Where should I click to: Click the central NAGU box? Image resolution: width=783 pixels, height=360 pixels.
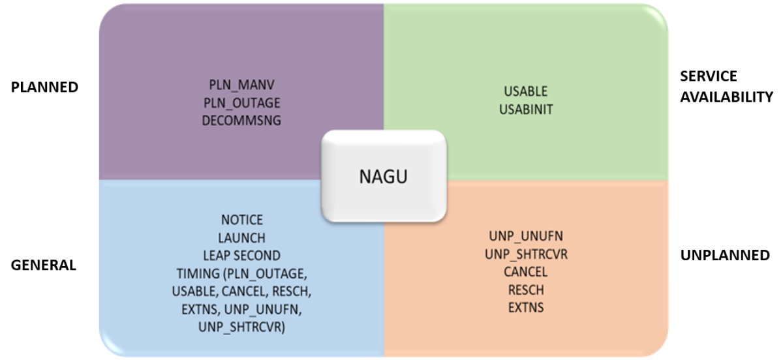coord(384,175)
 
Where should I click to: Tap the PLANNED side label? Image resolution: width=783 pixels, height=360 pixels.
coord(44,87)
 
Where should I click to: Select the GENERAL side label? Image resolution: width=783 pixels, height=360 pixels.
coord(43,265)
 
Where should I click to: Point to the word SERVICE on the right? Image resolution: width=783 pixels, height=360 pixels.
coord(708,76)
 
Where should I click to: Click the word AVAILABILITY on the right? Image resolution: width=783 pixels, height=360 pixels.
coord(726,97)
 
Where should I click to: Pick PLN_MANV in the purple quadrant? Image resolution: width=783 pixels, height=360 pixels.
coord(241,85)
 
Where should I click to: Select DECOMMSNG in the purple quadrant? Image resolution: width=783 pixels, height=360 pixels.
coord(241,121)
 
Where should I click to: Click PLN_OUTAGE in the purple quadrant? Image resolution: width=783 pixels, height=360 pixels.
coord(241,103)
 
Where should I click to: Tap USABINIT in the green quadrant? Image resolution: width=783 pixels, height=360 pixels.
coord(525,109)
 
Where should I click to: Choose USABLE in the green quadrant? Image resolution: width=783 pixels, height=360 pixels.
coord(525,91)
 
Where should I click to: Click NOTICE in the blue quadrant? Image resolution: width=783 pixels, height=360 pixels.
coord(241,220)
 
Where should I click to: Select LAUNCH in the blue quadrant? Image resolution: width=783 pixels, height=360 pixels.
coord(241,238)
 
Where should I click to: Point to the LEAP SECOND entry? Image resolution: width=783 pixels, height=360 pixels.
coord(241,256)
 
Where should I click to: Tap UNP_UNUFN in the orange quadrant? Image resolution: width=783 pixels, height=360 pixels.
coord(526,236)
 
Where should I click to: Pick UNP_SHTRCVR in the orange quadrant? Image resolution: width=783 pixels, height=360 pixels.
coord(526,254)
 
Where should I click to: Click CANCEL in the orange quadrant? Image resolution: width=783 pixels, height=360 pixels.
coord(526,272)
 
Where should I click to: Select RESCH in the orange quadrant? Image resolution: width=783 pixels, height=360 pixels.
coord(526,290)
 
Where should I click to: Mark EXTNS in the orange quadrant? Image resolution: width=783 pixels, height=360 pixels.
coord(526,307)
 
